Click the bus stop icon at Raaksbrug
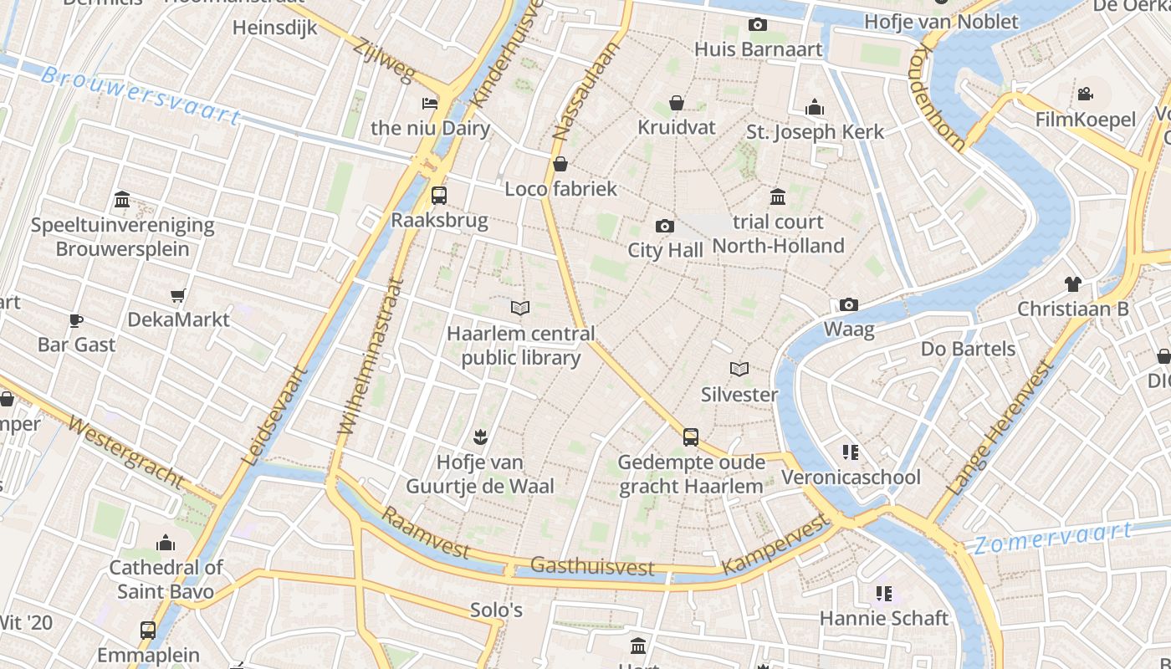pyautogui.click(x=438, y=196)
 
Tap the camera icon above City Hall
pyautogui.click(x=665, y=226)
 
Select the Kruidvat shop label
pyautogui.click(x=677, y=127)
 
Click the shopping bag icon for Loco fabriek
pyautogui.click(x=560, y=164)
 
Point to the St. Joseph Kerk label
pyautogui.click(x=815, y=132)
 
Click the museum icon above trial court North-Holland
pyautogui.click(x=778, y=197)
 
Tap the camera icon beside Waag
pyautogui.click(x=849, y=304)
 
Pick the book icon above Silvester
pyautogui.click(x=739, y=369)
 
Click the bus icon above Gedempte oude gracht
pyautogui.click(x=691, y=437)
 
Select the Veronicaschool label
pyautogui.click(x=851, y=477)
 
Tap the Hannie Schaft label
pyautogui.click(x=884, y=618)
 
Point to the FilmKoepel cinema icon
pyautogui.click(x=1086, y=94)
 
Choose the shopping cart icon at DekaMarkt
pyautogui.click(x=177, y=295)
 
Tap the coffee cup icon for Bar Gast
pyautogui.click(x=76, y=320)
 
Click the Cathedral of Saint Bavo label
pyautogui.click(x=166, y=580)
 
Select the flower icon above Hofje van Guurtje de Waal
pyautogui.click(x=480, y=436)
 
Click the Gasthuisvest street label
pyautogui.click(x=592, y=567)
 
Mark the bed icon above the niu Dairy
pyautogui.click(x=430, y=104)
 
